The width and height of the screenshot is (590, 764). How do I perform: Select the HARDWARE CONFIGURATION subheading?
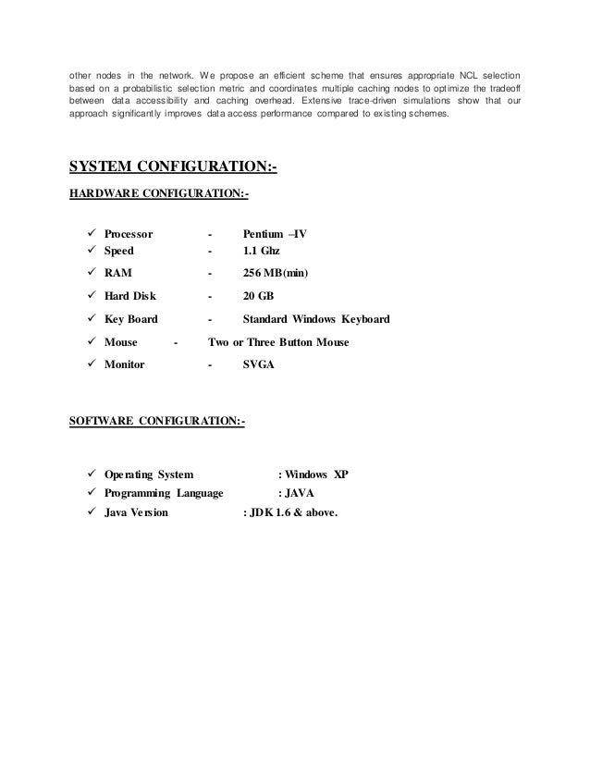pyautogui.click(x=159, y=194)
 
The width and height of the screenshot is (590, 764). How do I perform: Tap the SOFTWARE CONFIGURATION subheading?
pyautogui.click(x=157, y=422)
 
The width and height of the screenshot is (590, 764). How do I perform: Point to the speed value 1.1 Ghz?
pyautogui.click(x=260, y=251)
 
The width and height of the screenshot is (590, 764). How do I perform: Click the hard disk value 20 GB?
pyautogui.click(x=258, y=297)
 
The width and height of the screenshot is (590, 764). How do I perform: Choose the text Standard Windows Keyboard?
pyautogui.click(x=315, y=320)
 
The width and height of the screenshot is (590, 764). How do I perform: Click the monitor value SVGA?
pyautogui.click(x=258, y=365)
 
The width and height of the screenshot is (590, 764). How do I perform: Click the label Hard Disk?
pyautogui.click(x=130, y=297)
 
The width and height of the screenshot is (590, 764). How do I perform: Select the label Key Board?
pyautogui.click(x=131, y=320)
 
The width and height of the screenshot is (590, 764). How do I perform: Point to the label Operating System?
pyautogui.click(x=149, y=475)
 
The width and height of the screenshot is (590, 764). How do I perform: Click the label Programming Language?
pyautogui.click(x=164, y=493)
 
